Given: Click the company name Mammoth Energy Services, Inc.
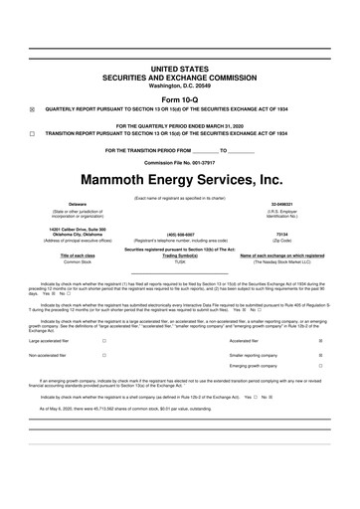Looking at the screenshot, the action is (180, 181).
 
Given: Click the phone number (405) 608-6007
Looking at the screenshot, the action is (180, 236).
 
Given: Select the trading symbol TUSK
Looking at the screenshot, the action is (180, 261).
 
